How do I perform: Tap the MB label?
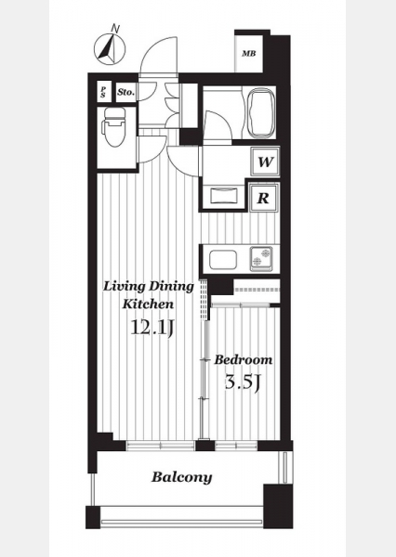coord(249,54)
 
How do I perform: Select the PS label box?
coord(103,92)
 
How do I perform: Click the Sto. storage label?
coord(126,92)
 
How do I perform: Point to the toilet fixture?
coord(113,127)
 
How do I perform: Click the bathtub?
coord(260,113)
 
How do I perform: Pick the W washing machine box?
coord(265,162)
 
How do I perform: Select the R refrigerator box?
coord(263,198)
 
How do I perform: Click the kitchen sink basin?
coord(223,260)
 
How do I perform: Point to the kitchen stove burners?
coord(261,258)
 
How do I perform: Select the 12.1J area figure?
coord(152,327)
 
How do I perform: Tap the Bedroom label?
coord(243,359)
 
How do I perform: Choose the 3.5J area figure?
coord(243,382)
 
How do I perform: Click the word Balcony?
coord(182,477)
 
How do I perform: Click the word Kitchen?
coord(149,304)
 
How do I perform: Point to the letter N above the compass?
coord(114,28)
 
